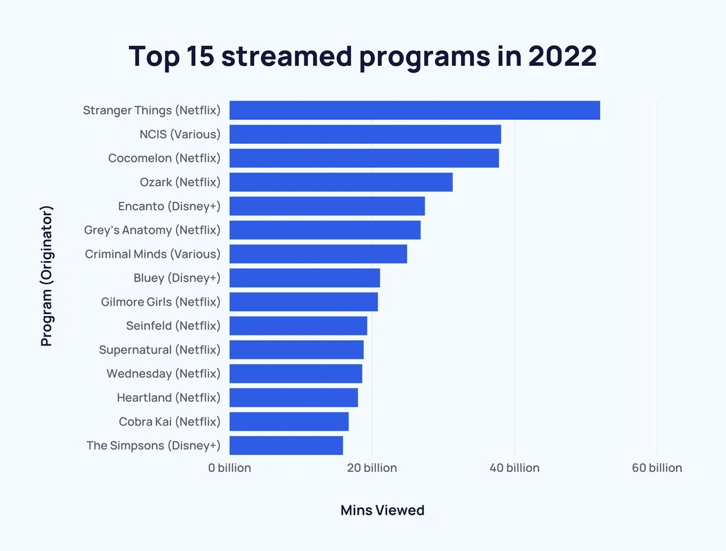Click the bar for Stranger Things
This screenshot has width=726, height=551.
414,111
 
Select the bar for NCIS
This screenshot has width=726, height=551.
365,134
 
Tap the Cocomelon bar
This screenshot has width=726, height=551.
364,158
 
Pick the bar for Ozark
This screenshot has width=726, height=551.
341,182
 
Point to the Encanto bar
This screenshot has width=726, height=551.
327,206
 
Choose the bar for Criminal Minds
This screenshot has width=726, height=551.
318,254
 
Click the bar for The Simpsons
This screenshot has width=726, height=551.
286,445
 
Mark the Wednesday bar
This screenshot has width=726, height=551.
296,373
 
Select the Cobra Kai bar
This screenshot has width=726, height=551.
289,421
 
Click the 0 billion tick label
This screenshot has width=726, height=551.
229,468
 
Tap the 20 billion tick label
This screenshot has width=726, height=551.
372,468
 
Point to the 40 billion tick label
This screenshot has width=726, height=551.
514,468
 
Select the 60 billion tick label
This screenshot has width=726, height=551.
656,468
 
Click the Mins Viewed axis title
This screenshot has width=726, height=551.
382,510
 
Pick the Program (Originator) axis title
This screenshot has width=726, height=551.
47,276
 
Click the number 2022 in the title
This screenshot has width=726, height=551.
562,56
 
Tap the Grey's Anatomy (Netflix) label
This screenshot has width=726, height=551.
152,230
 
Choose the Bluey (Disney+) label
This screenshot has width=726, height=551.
177,278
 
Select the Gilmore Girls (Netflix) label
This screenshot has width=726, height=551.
160,301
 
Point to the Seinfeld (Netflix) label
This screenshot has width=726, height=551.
173,326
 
